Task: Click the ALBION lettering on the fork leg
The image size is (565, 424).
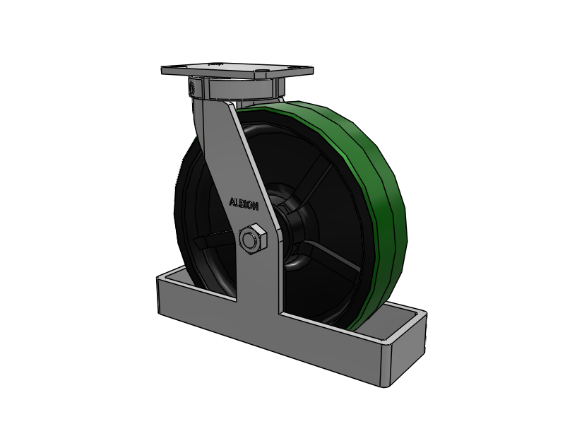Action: coord(244,204)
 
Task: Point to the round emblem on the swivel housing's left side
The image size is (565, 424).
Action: coord(192,87)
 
